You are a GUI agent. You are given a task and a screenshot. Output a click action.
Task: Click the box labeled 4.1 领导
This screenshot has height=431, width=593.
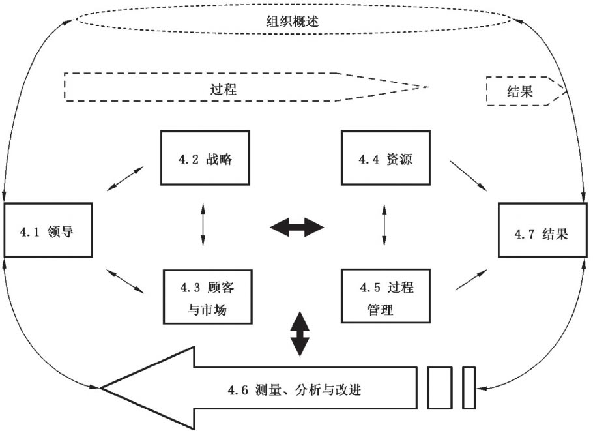coord(49,231)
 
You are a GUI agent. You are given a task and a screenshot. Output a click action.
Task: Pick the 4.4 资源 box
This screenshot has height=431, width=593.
coord(386,158)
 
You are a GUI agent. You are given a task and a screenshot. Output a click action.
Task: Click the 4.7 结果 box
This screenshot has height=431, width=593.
coord(543,231)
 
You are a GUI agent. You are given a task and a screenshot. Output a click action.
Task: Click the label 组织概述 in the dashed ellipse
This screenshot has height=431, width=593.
coord(296,22)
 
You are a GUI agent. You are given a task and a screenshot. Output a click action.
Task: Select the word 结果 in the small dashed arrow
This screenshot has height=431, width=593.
coord(519,92)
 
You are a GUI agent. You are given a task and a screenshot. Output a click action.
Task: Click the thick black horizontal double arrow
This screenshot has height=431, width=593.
coord(296,228)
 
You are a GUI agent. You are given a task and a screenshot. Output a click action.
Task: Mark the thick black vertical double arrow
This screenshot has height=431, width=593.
coord(298,333)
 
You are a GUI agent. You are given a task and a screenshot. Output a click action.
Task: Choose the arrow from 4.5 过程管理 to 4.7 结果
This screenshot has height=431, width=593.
coord(470,279)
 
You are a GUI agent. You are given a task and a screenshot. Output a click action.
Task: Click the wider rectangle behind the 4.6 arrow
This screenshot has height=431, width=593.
coord(440,387)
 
